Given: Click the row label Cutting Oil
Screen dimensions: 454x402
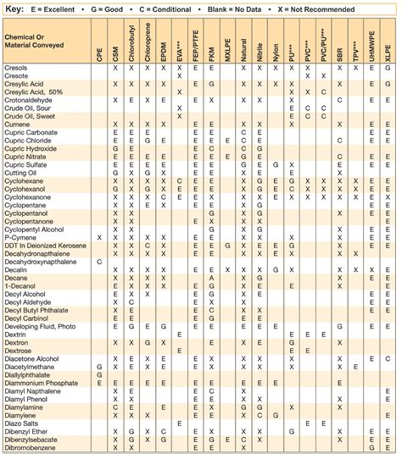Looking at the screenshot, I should pyautogui.click(x=20, y=172).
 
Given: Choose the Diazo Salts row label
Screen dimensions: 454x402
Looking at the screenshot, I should pyautogui.click(x=22, y=421).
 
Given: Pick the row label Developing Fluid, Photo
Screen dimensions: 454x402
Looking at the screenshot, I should pyautogui.click(x=40, y=325).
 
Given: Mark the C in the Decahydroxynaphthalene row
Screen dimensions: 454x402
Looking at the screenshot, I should pyautogui.click(x=99, y=261).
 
